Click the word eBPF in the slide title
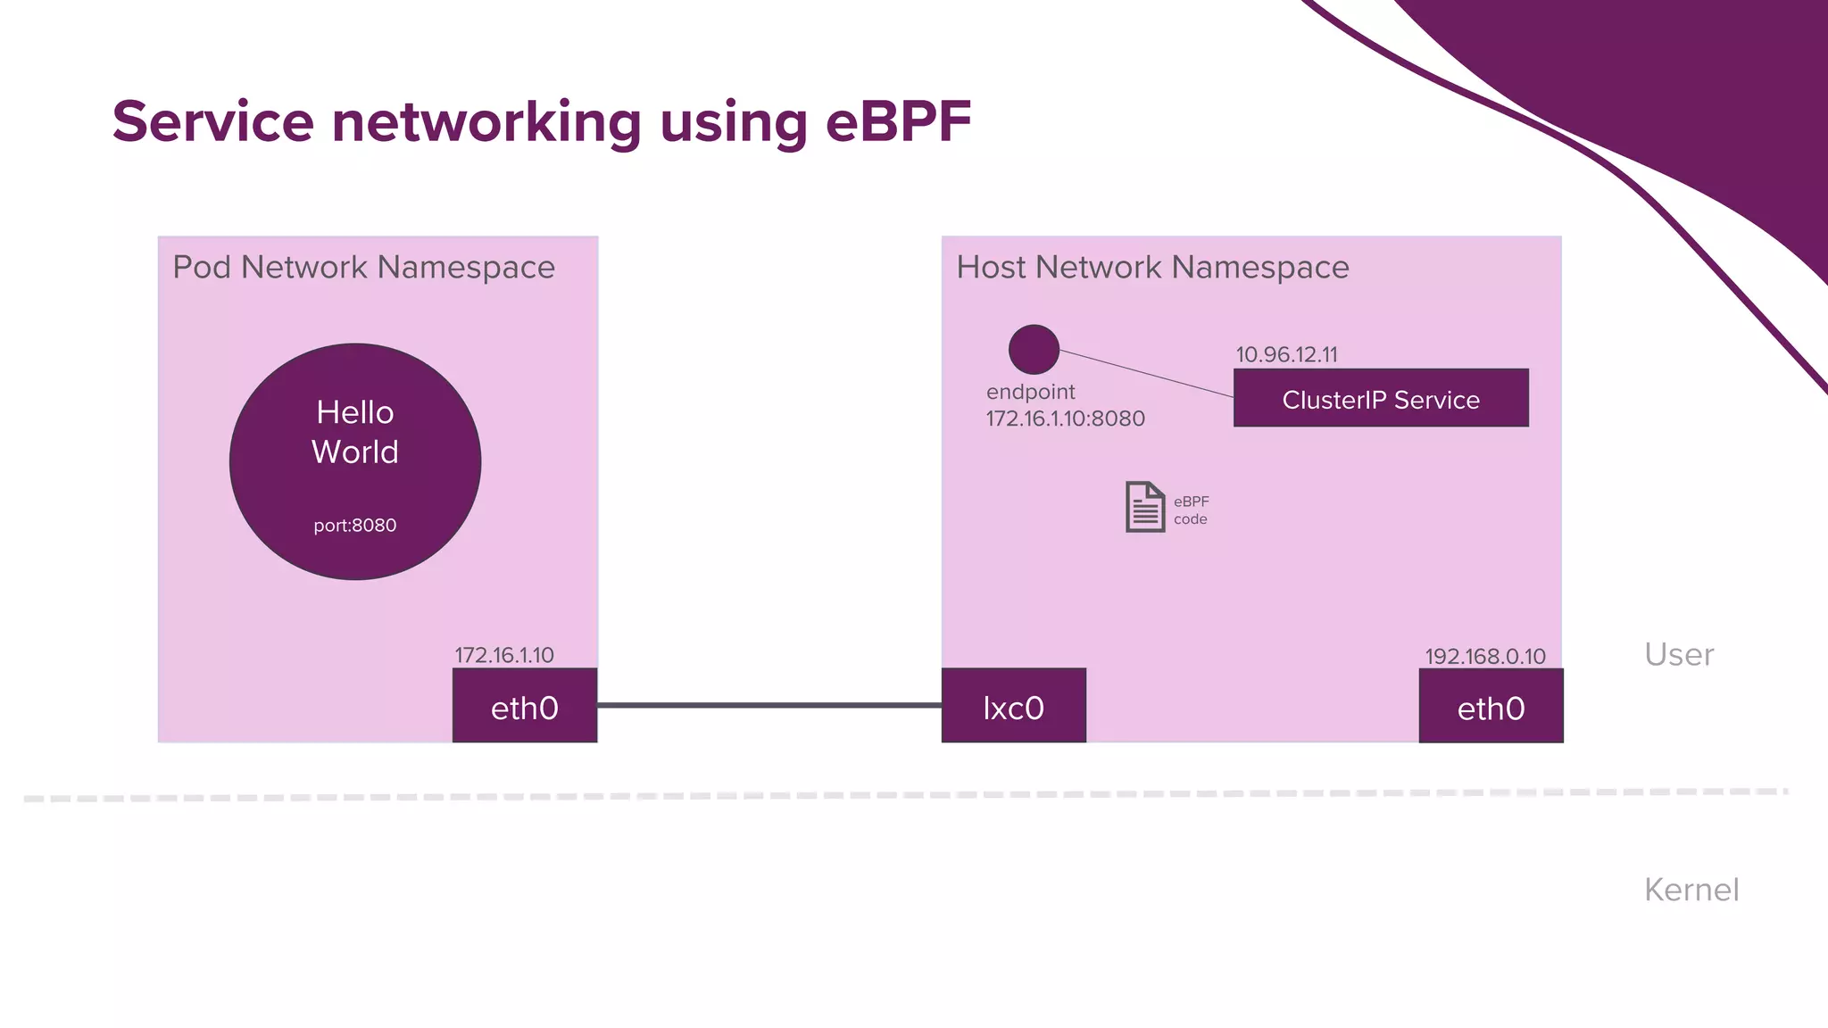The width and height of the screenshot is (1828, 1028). tap(898, 121)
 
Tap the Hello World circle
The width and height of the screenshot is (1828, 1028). tap(355, 461)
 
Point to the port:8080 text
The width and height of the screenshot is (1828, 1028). tap(355, 526)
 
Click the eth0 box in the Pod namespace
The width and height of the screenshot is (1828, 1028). tap(525, 706)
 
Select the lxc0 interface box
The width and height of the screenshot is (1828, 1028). tap(1014, 706)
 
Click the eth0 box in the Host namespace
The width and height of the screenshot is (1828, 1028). tap(1491, 706)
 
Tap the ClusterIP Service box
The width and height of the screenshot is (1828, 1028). tap(1381, 399)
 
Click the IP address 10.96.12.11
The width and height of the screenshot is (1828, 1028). tap(1286, 354)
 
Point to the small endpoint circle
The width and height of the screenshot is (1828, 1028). tap(1034, 349)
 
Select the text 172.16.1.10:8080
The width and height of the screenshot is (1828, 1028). tap(1065, 419)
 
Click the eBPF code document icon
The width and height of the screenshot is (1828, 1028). tap(1145, 507)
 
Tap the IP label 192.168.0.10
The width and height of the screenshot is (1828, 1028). tap(1484, 657)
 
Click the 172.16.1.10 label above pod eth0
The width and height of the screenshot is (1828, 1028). tap(504, 655)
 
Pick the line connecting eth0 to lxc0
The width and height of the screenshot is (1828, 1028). tap(769, 705)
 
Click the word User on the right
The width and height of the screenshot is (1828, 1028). tap(1678, 655)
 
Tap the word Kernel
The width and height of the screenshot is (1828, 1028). tap(1691, 890)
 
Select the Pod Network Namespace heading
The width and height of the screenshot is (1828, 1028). tap(363, 267)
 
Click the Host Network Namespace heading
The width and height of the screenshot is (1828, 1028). tap(1152, 267)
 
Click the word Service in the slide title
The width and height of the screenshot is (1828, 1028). tap(213, 121)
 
